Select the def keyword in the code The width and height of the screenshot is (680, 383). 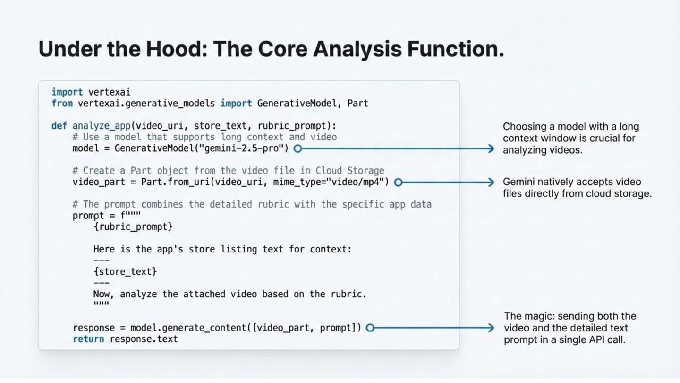[x=59, y=126]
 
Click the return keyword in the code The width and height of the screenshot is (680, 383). [x=88, y=339]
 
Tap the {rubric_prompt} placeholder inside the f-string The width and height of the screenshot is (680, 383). [x=133, y=227]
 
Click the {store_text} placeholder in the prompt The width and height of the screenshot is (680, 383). [x=125, y=271]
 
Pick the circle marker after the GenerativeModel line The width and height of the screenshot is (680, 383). [x=297, y=148]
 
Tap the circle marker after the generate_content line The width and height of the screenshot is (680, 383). [x=370, y=327]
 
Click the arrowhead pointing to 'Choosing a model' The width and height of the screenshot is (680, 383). [x=491, y=148]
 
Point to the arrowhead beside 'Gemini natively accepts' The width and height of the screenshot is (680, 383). [x=491, y=182]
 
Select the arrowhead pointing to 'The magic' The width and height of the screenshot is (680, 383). [x=491, y=327]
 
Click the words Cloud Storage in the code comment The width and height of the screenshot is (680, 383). [x=350, y=171]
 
